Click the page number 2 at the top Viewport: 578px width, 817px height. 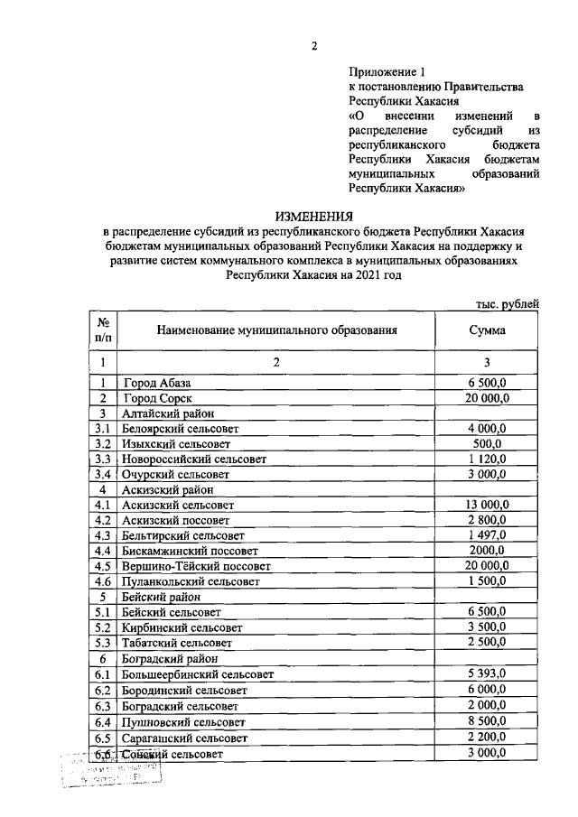313,46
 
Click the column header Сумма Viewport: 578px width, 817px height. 487,330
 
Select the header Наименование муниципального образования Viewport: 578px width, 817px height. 276,330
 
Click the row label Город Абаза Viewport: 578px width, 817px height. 157,383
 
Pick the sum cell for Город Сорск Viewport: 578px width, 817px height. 487,398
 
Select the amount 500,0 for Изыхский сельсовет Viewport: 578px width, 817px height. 487,444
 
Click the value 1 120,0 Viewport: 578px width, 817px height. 487,460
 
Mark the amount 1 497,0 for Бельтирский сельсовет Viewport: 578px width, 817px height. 487,536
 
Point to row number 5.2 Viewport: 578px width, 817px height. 103,627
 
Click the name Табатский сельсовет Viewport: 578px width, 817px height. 176,643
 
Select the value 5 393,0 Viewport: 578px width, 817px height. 487,673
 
